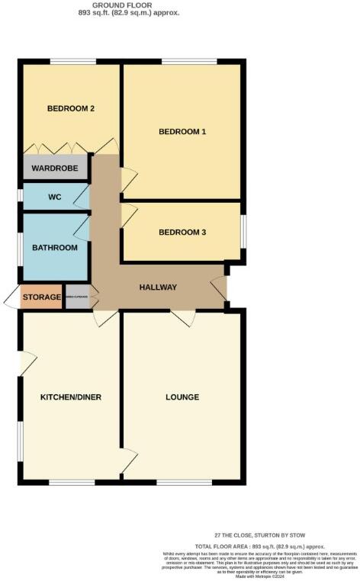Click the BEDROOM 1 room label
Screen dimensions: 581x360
click(x=182, y=132)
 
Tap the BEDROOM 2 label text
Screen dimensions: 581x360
click(x=71, y=108)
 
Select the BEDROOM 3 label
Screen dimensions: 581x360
click(x=182, y=232)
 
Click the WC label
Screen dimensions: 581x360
click(x=54, y=197)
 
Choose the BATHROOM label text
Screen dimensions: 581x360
click(x=54, y=248)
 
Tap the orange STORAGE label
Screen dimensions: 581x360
click(x=41, y=297)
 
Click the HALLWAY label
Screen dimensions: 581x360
click(x=158, y=287)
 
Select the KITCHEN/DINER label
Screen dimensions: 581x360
click(x=71, y=397)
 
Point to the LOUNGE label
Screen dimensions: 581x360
click(x=182, y=397)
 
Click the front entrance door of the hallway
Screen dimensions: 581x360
click(x=220, y=287)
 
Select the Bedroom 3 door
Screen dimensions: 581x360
click(x=128, y=216)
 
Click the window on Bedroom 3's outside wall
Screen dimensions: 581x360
click(x=244, y=231)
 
